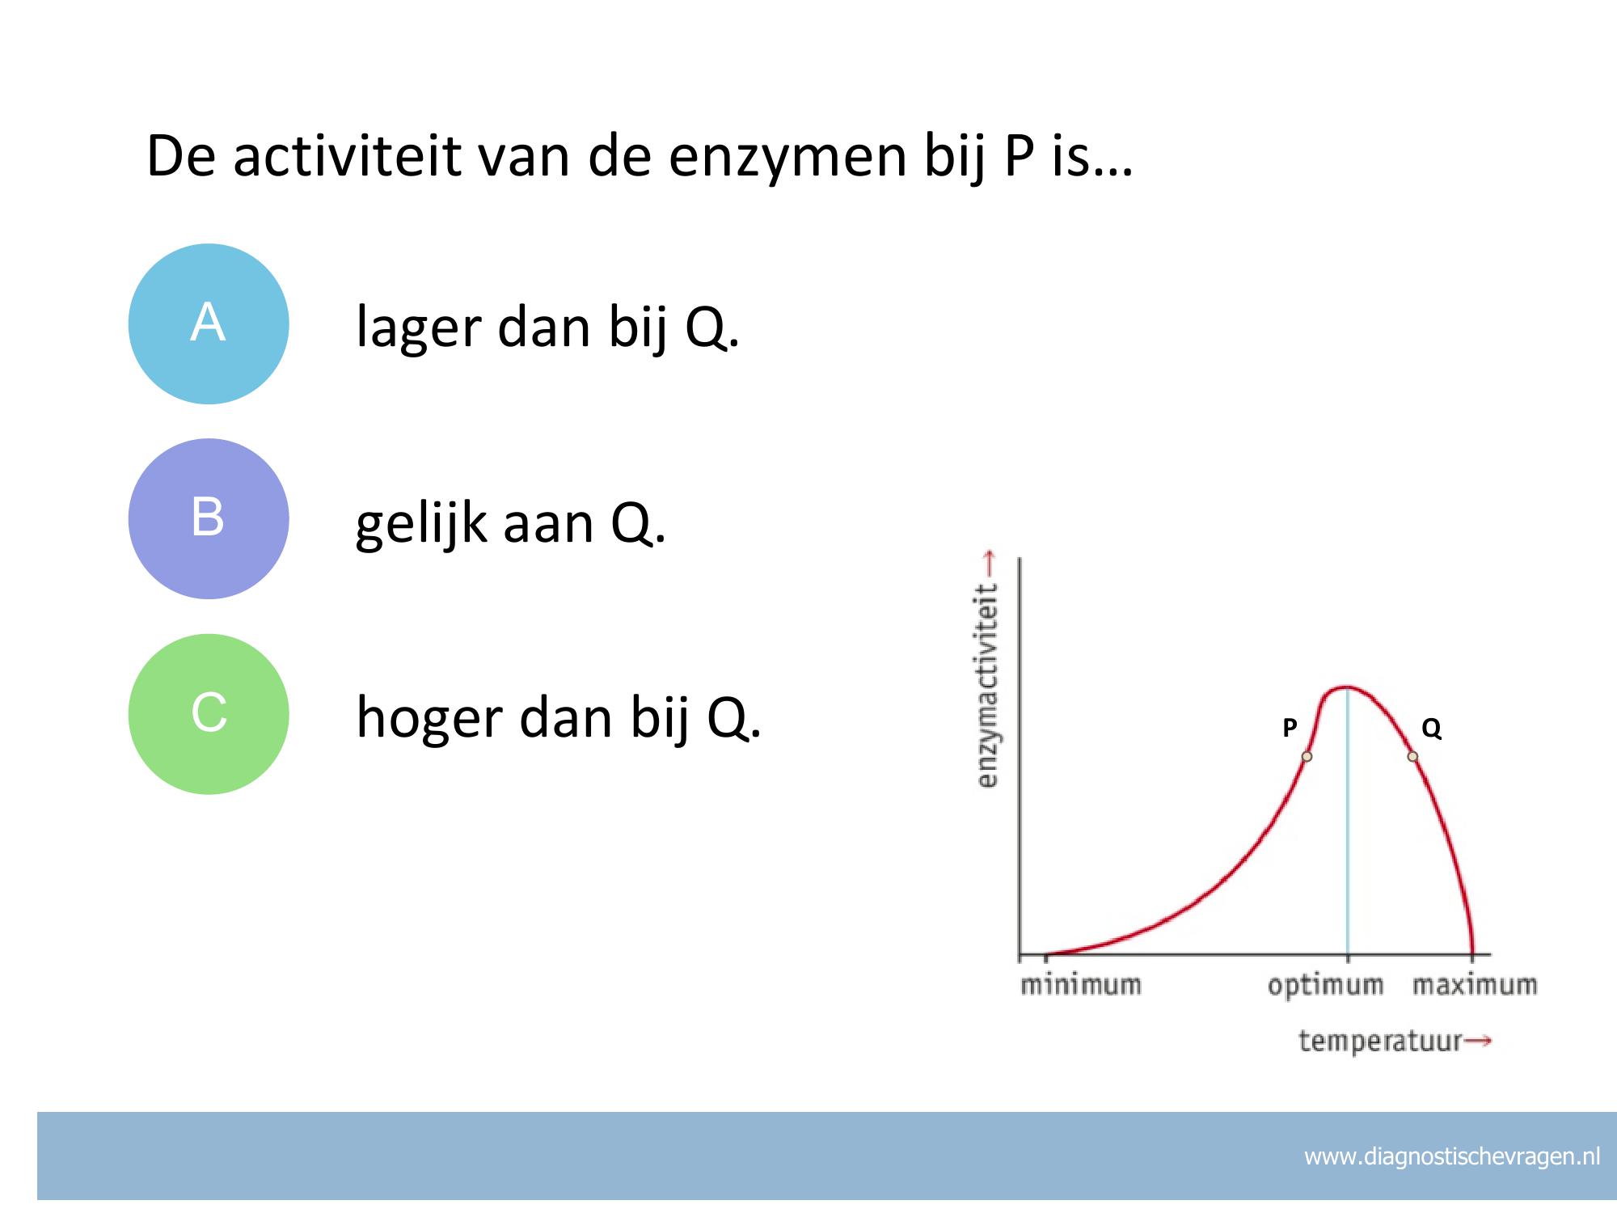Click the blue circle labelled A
click(209, 323)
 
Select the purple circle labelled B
click(209, 518)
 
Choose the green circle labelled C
click(209, 714)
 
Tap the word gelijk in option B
click(423, 524)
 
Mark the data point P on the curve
click(1307, 757)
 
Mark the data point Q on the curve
click(1412, 757)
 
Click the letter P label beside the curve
click(1290, 728)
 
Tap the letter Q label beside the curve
click(1431, 729)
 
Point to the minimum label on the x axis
click(1081, 985)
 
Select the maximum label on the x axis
click(1475, 985)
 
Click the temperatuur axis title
click(1380, 1041)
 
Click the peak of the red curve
click(1346, 688)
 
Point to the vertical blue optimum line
click(1347, 822)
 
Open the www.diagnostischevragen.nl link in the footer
click(1452, 1157)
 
